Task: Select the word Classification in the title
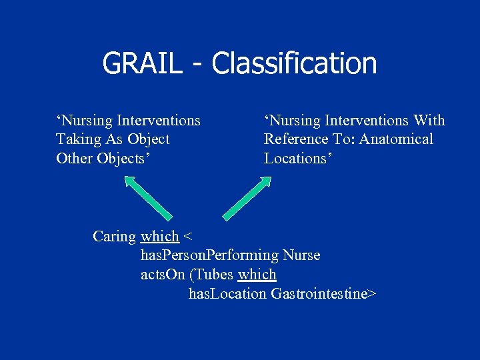[x=294, y=64]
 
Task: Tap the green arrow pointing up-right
[x=247, y=197]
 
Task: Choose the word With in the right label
[x=429, y=121]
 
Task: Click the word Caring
[x=114, y=237]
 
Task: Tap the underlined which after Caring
[x=160, y=237]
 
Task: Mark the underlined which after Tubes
[x=257, y=275]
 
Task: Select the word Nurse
[x=301, y=255]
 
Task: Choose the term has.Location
[x=227, y=293]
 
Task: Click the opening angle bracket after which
[x=187, y=237]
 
